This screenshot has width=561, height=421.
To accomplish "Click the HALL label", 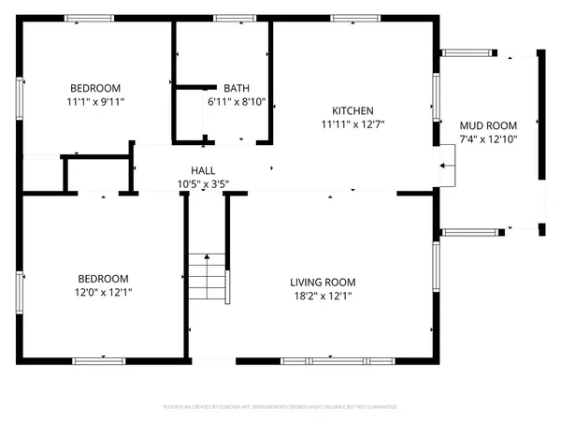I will tap(204, 170).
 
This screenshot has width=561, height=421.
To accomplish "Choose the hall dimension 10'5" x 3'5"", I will tap(204, 183).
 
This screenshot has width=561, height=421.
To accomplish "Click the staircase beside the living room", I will tap(208, 277).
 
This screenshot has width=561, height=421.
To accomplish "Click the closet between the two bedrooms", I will tap(97, 174).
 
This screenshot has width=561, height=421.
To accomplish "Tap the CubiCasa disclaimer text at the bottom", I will tap(280, 408).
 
